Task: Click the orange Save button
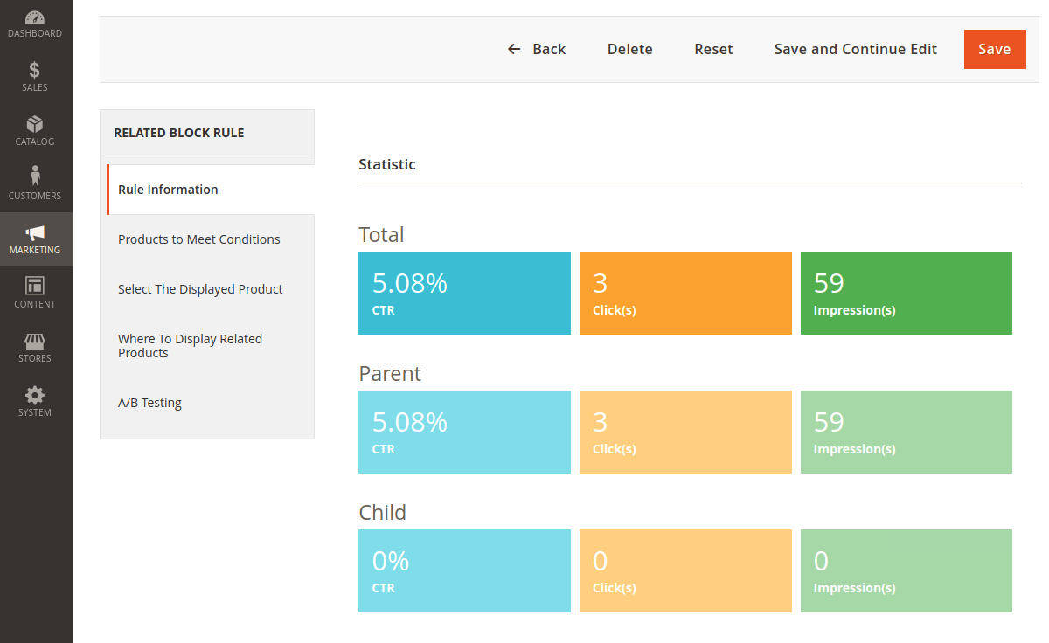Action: (995, 49)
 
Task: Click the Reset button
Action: (713, 49)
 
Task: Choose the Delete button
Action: (630, 49)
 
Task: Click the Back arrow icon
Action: (514, 49)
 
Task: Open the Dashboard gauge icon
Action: (35, 17)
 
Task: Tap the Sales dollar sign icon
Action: (34, 70)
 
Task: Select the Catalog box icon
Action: (35, 124)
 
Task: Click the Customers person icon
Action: (35, 176)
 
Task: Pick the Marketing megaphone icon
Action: (35, 232)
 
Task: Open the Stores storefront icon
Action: (35, 342)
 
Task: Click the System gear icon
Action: (35, 396)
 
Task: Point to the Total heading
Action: (381, 234)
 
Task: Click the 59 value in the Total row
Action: (829, 283)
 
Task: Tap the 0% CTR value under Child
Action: (391, 561)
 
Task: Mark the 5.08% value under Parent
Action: (410, 422)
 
